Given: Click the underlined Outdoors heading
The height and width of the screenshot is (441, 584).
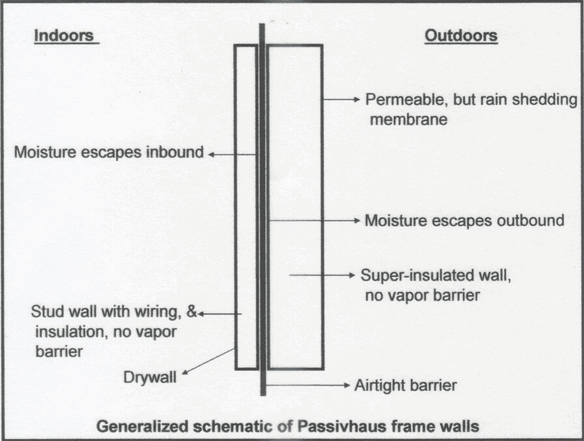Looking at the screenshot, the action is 461,36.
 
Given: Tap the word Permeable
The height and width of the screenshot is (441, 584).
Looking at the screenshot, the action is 406,100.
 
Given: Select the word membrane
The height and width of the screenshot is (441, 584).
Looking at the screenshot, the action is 408,119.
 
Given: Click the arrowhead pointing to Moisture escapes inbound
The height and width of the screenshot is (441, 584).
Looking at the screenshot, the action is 211,154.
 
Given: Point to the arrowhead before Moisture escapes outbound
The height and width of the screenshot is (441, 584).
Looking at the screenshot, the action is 357,220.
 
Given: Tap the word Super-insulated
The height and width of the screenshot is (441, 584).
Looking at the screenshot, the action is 412,276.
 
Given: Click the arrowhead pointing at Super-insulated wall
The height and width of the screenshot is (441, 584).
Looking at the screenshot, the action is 352,275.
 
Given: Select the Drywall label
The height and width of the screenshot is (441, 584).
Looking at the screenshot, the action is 150,377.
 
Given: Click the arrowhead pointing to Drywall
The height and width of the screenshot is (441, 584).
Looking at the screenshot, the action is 185,371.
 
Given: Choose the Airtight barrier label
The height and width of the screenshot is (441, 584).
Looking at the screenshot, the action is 406,386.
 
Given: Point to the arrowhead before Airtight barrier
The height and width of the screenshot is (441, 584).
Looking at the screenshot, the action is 347,385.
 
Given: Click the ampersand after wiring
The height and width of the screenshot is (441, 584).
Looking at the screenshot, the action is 191,311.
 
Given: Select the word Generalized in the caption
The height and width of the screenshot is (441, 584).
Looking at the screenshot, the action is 142,426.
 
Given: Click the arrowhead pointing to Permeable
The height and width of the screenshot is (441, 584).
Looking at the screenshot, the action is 357,100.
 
